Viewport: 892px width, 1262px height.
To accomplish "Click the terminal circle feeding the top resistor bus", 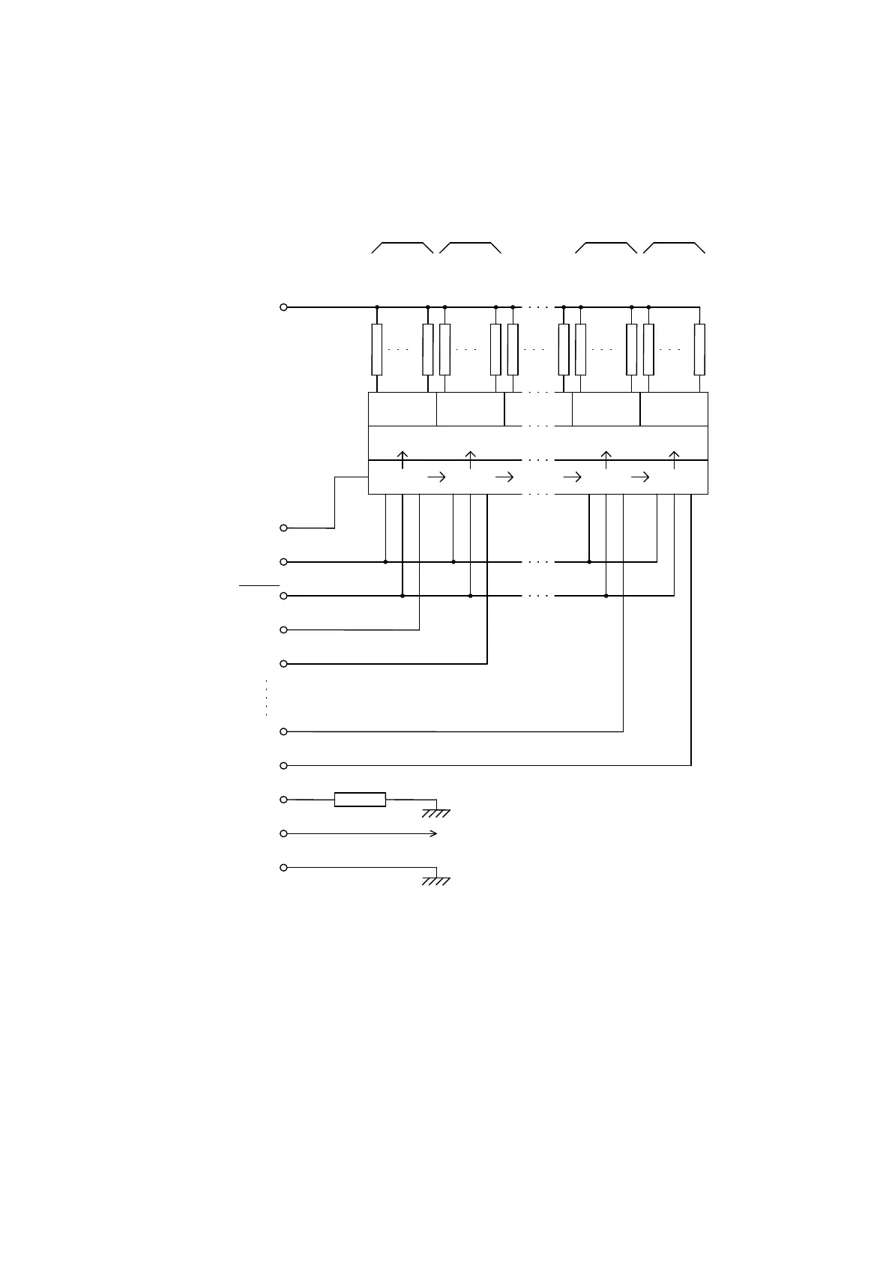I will [x=283, y=307].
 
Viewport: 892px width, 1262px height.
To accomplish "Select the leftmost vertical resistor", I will [x=377, y=349].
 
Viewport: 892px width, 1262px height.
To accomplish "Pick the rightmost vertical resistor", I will [x=699, y=349].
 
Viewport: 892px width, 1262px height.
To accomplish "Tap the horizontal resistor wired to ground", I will [x=360, y=800].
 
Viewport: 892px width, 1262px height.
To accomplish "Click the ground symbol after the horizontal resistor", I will [x=436, y=812].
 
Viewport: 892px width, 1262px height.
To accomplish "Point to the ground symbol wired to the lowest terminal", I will [x=436, y=881].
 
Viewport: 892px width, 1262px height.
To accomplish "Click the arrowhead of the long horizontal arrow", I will [x=434, y=833].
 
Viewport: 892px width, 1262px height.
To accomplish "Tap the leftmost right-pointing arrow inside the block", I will [x=436, y=477].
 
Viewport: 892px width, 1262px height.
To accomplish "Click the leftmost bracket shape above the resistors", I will [x=403, y=247].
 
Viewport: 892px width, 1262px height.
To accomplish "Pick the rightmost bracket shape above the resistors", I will [x=674, y=247].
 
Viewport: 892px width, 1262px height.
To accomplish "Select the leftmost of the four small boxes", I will [x=403, y=409].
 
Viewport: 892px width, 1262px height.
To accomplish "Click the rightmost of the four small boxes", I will [x=674, y=409].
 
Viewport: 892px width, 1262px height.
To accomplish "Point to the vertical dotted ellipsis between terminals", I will [x=266, y=698].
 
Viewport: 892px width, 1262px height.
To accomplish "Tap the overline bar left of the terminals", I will [x=259, y=585].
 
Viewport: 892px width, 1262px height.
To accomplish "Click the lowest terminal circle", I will [x=283, y=868].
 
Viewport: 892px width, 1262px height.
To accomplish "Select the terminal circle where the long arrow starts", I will [x=283, y=833].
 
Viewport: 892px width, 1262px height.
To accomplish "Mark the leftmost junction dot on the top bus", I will [x=377, y=307].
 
